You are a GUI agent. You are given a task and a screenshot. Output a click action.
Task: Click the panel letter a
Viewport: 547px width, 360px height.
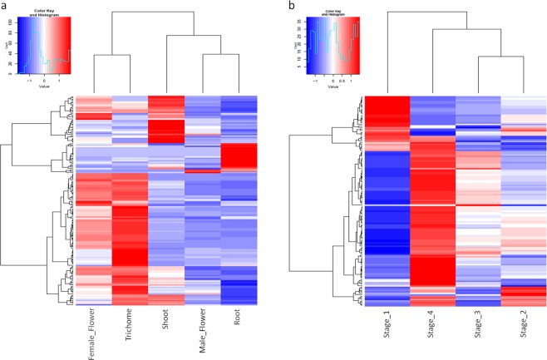click(x=4, y=7)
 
